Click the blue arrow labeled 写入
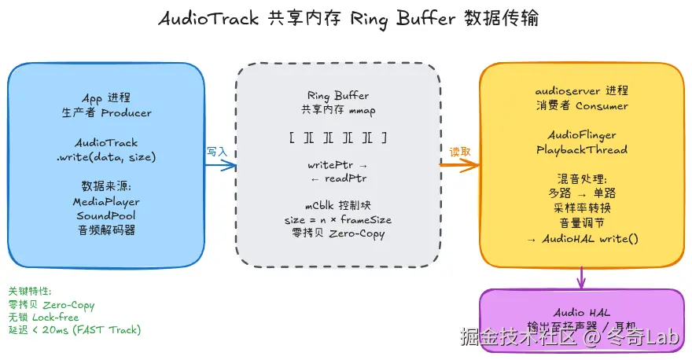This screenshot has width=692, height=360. (221, 165)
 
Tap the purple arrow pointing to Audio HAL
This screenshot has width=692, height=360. (581, 277)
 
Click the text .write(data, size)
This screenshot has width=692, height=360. (106, 157)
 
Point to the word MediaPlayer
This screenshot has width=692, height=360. (106, 201)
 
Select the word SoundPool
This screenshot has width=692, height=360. (106, 215)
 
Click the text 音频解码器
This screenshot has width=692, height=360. (106, 230)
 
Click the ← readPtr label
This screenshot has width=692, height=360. (337, 179)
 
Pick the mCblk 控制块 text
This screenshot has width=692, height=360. (337, 206)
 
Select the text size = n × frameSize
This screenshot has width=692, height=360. (337, 219)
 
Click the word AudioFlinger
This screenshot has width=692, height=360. (581, 135)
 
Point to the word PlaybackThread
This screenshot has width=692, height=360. (581, 149)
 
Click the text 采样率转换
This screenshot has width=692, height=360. (581, 208)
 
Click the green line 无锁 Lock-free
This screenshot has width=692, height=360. (43, 318)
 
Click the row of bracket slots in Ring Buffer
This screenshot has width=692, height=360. (337, 138)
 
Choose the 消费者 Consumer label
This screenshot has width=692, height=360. (581, 105)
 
